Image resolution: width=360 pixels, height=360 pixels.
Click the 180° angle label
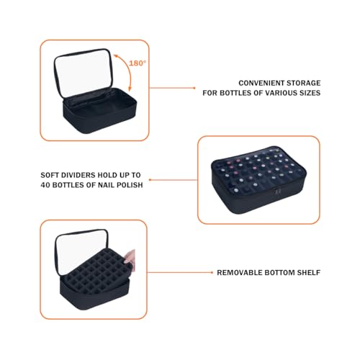tap(138, 63)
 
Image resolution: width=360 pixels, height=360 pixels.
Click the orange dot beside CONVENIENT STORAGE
tap(197, 87)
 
